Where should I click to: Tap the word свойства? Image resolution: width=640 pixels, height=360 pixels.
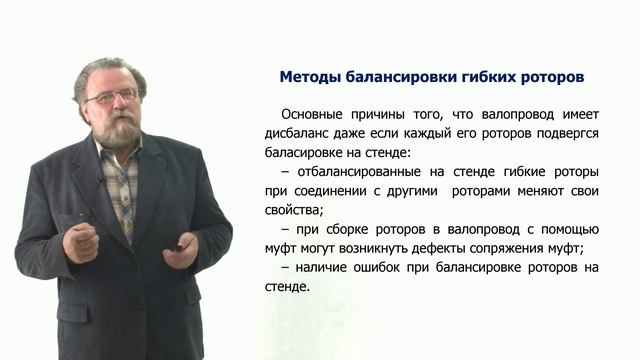pos(295,211)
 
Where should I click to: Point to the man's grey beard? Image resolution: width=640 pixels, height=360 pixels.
pos(118,130)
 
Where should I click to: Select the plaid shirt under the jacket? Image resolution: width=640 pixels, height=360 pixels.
pos(121,185)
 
